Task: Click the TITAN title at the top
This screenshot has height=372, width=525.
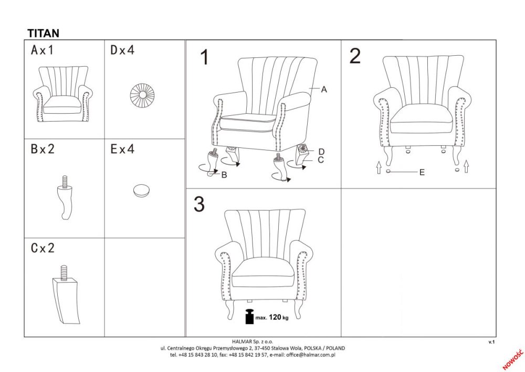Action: pyautogui.click(x=43, y=33)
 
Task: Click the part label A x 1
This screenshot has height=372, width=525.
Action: pyautogui.click(x=42, y=51)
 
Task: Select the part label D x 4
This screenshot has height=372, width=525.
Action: pyautogui.click(x=122, y=51)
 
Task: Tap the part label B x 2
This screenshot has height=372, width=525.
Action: pyautogui.click(x=42, y=149)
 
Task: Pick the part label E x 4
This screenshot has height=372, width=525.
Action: pyautogui.click(x=122, y=149)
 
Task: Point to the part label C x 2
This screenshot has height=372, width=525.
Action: pyautogui.click(x=42, y=248)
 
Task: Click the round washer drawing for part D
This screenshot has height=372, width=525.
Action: pyautogui.click(x=142, y=95)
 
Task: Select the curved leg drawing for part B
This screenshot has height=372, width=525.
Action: pyautogui.click(x=65, y=198)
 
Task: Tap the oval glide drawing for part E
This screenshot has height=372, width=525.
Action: pyautogui.click(x=141, y=190)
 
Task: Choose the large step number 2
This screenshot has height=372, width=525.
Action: pyautogui.click(x=355, y=56)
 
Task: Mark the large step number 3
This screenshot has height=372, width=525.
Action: pyautogui.click(x=199, y=204)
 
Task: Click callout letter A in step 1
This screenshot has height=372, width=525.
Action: pyautogui.click(x=324, y=89)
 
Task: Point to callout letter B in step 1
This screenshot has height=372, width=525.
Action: pyautogui.click(x=224, y=175)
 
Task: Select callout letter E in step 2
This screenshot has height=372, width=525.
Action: pyautogui.click(x=422, y=173)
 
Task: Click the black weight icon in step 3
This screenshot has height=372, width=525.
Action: pyautogui.click(x=250, y=316)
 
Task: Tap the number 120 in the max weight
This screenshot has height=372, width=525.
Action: pyautogui.click(x=275, y=317)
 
